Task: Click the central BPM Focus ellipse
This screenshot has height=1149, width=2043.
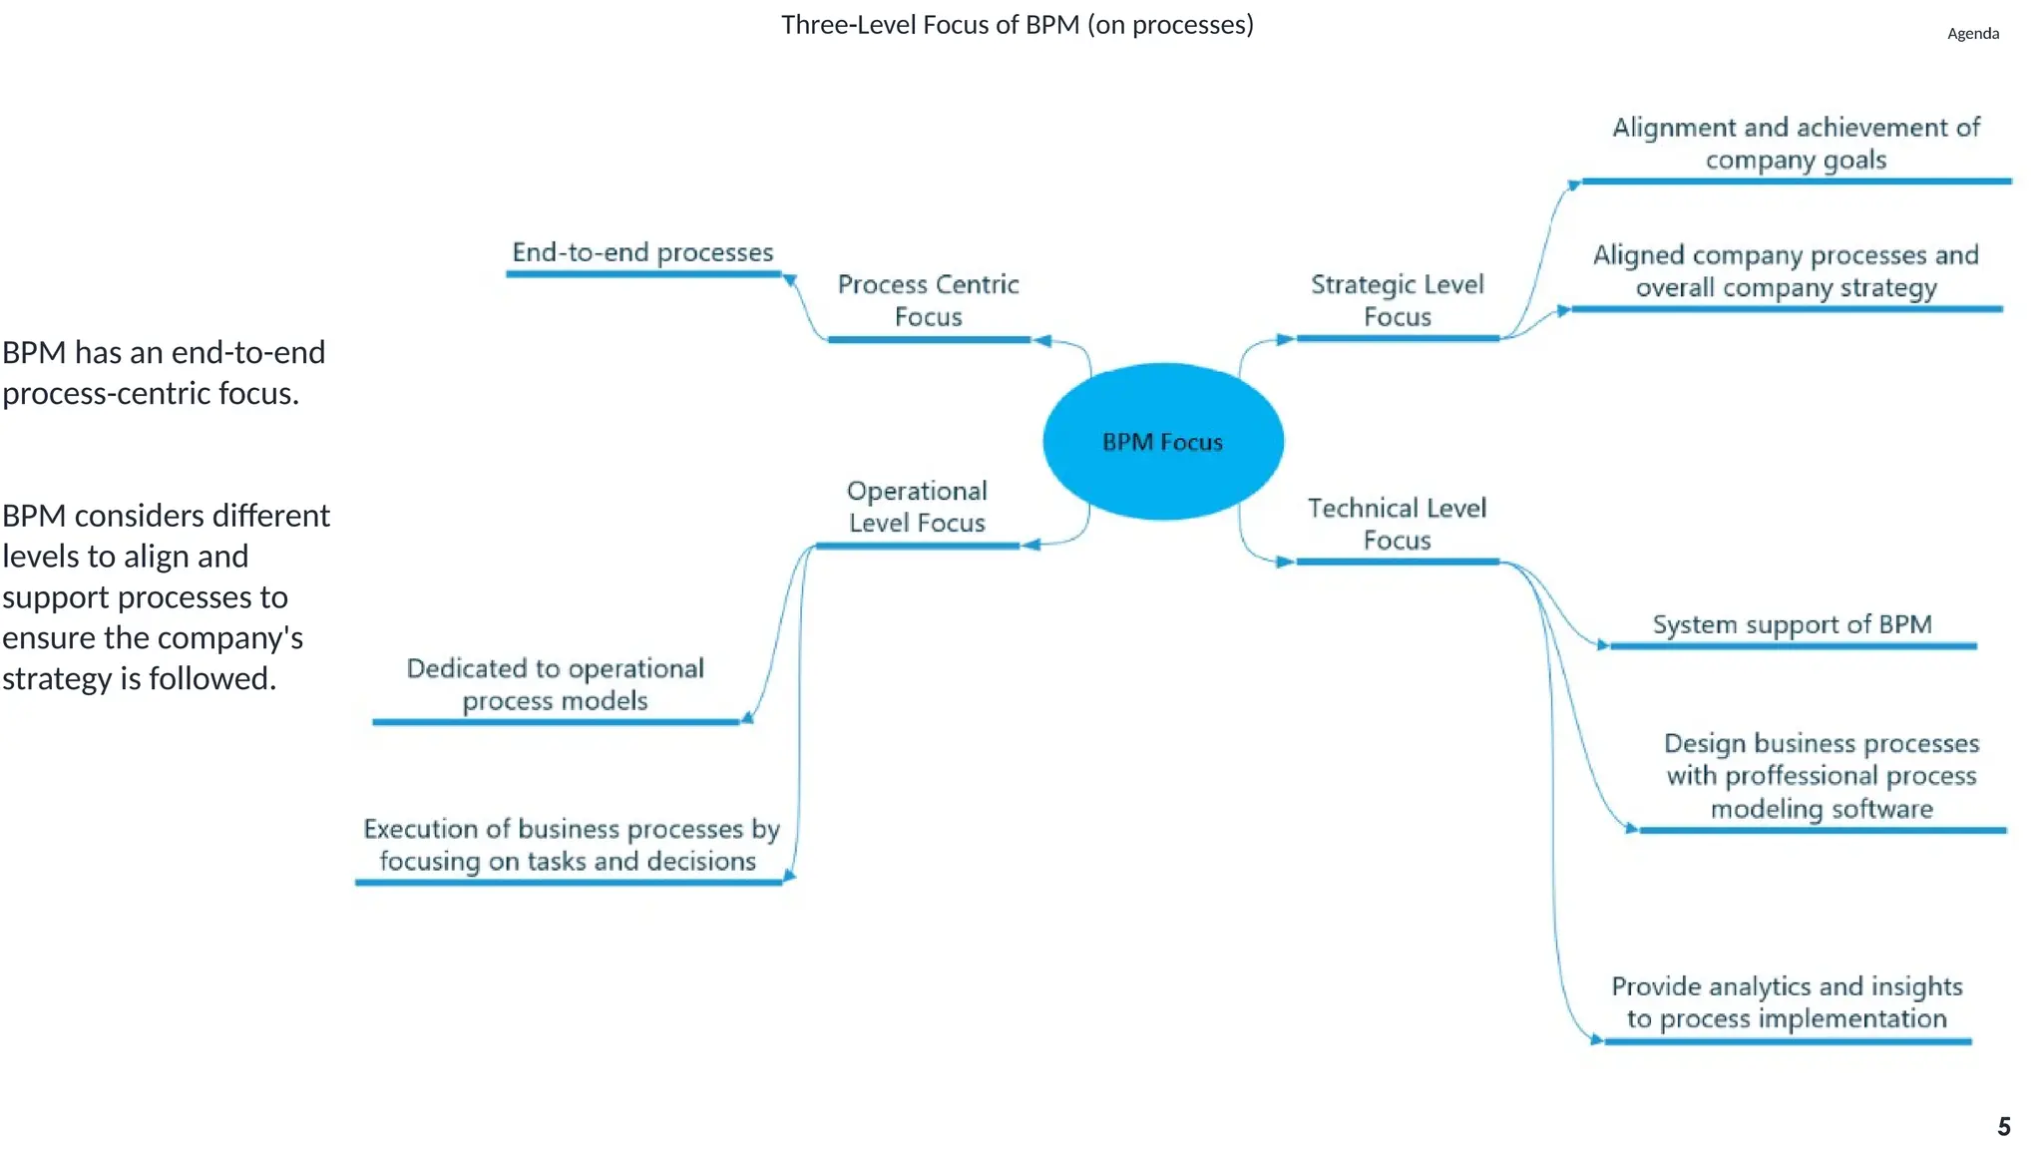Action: (x=1163, y=441)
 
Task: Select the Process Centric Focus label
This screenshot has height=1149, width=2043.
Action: (x=928, y=300)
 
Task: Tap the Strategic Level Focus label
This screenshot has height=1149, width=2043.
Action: (x=1397, y=300)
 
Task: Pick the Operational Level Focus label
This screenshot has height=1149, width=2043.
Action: (x=917, y=507)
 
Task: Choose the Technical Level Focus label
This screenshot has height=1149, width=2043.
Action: (x=1397, y=524)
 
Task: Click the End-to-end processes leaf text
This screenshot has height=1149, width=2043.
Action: (x=642, y=252)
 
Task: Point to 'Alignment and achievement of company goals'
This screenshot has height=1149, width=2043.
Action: (x=1796, y=144)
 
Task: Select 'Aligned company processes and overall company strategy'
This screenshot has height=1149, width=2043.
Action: (x=1786, y=271)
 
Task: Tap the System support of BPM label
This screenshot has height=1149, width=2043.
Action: (x=1792, y=625)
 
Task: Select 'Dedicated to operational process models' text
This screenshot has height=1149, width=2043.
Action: (x=555, y=684)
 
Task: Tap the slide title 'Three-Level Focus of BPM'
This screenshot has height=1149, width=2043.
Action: (x=1017, y=25)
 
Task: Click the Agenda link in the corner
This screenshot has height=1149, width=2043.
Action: (x=1972, y=34)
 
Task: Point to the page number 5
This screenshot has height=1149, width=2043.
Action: (x=2003, y=1127)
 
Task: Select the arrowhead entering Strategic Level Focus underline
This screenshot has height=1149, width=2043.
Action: (x=1285, y=339)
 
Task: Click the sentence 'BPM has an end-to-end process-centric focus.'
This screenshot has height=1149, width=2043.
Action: (x=164, y=373)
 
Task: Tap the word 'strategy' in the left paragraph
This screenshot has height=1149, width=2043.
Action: (x=58, y=679)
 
